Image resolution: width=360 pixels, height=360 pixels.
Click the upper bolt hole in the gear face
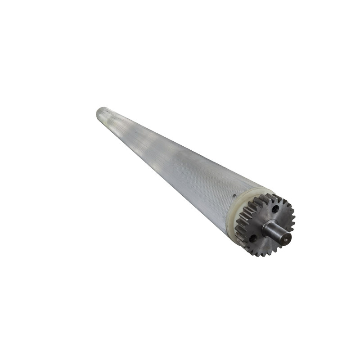(275, 208)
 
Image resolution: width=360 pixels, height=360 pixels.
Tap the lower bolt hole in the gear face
(253, 237)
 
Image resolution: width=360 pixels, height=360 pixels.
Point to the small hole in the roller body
(234, 196)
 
